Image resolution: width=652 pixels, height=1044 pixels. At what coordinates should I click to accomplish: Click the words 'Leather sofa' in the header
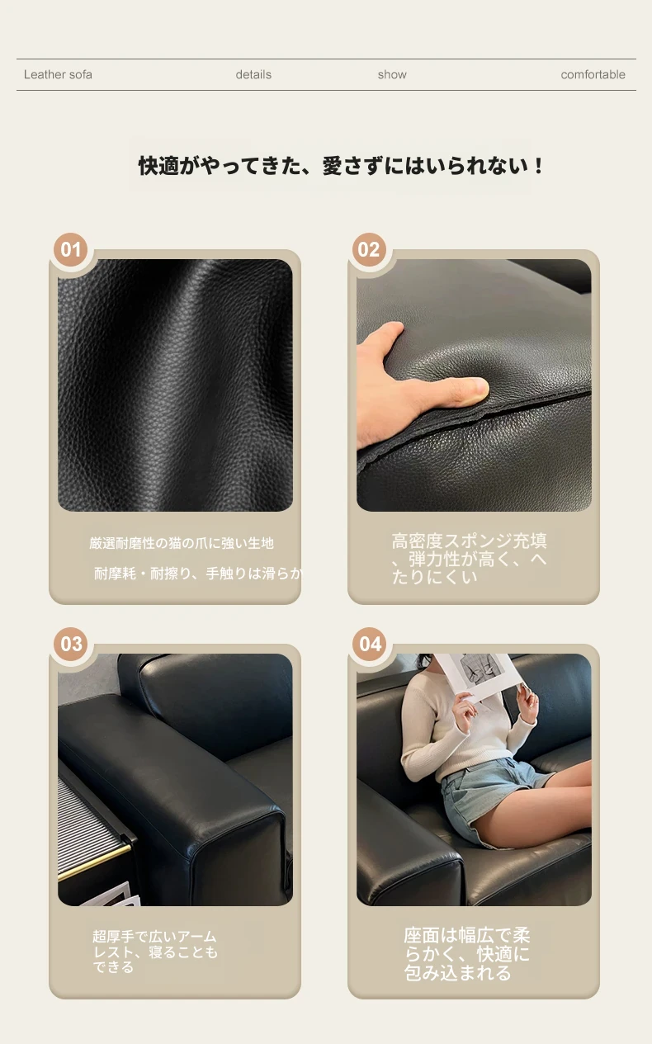click(x=58, y=74)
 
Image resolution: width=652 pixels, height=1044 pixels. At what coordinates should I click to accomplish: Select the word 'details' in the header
click(x=253, y=74)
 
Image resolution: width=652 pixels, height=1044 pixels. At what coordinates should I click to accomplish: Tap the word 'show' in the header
click(x=392, y=74)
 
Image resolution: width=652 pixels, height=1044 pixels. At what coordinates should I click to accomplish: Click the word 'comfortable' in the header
click(x=593, y=74)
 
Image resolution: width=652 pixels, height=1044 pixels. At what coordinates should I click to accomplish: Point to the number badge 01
click(x=71, y=249)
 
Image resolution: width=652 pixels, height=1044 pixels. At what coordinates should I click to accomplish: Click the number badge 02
click(x=369, y=249)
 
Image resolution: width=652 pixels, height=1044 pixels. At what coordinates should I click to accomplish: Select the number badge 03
click(x=71, y=644)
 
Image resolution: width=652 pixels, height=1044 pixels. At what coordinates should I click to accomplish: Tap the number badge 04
click(x=370, y=644)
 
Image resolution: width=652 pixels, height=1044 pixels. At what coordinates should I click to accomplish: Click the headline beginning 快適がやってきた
click(x=341, y=166)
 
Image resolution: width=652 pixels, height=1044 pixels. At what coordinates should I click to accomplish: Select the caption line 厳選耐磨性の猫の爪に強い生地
click(x=182, y=543)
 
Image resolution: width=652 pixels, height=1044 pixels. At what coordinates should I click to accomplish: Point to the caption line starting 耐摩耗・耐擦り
click(x=197, y=574)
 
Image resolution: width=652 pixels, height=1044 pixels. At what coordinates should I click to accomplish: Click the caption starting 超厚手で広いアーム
click(x=154, y=952)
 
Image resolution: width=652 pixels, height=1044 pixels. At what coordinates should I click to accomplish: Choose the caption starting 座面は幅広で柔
click(x=467, y=954)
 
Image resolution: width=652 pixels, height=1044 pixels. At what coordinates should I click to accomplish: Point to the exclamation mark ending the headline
click(x=539, y=166)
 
